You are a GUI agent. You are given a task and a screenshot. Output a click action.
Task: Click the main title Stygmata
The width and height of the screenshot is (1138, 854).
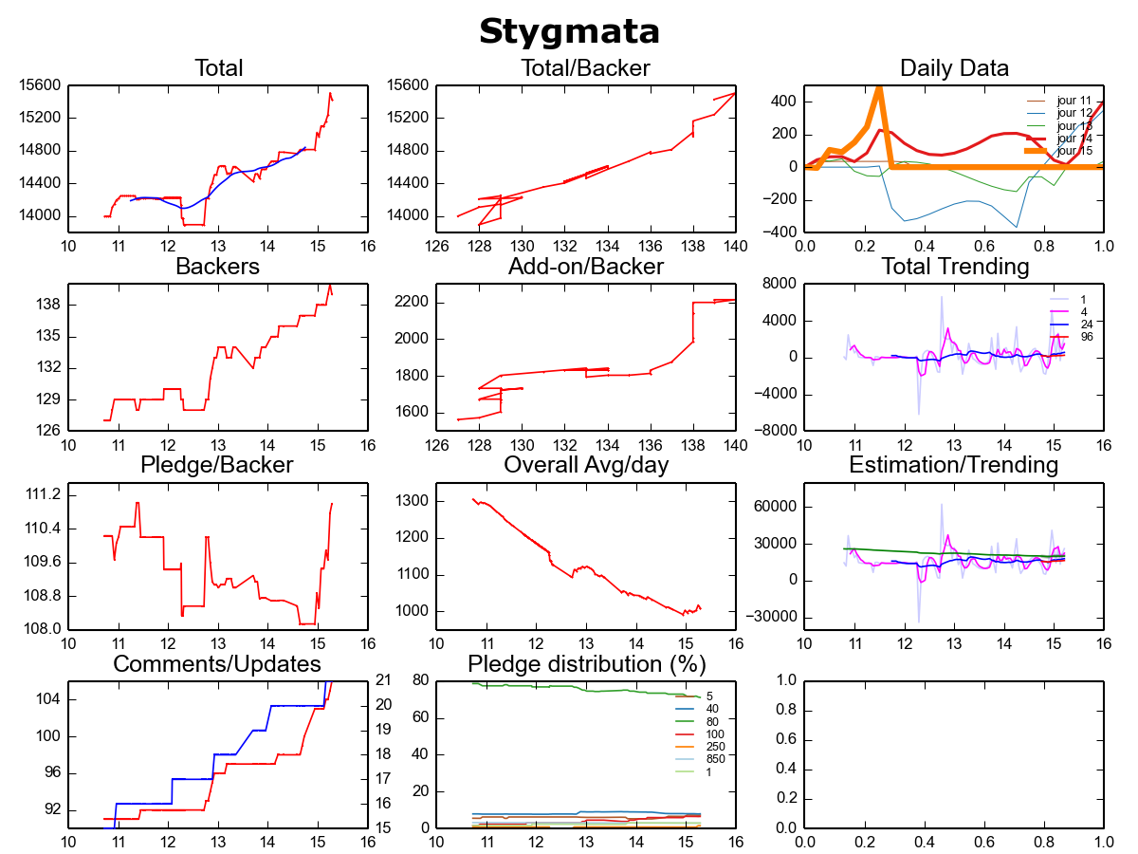(569, 31)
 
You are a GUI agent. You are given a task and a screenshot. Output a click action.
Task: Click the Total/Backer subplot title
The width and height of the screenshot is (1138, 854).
(585, 68)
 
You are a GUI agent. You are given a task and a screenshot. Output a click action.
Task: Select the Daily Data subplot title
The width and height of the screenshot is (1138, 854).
(954, 68)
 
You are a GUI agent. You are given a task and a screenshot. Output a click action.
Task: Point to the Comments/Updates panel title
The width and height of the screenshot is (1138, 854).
(217, 663)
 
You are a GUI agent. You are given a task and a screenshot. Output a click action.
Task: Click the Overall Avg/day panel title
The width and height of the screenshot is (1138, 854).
(586, 465)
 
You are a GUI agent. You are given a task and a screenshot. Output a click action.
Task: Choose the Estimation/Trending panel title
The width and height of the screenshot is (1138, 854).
(954, 465)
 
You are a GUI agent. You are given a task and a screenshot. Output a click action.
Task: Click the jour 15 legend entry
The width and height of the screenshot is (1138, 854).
(1074, 151)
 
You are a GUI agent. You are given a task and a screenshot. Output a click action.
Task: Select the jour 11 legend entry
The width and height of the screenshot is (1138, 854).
(1074, 101)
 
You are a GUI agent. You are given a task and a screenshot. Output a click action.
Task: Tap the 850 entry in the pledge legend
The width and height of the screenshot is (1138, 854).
(715, 759)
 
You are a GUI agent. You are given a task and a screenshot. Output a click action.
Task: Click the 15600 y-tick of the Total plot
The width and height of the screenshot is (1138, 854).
(41, 85)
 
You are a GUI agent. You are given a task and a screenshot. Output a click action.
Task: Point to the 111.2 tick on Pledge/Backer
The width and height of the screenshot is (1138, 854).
(44, 494)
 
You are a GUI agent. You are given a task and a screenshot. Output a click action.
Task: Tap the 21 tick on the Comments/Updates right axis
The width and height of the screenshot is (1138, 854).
(385, 679)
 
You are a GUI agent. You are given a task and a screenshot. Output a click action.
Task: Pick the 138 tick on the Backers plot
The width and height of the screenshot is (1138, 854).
(49, 305)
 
